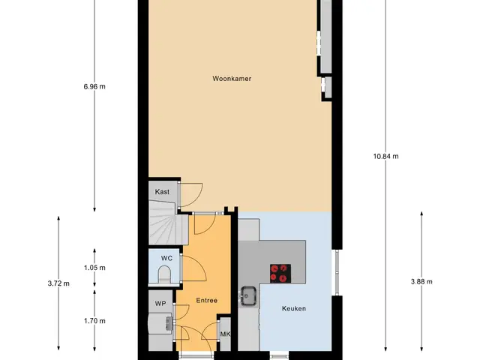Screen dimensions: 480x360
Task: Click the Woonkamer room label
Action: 232,79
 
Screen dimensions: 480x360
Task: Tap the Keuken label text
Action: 294,308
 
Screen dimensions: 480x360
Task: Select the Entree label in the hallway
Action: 207,301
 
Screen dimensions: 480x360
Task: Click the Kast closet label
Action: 162,192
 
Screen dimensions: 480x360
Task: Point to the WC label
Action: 166,258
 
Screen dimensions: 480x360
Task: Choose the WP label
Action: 160,304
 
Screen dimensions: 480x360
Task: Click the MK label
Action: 225,334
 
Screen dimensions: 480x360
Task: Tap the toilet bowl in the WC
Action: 164,274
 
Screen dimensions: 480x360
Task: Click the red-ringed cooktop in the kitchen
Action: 280,273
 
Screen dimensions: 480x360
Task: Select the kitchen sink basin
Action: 248,295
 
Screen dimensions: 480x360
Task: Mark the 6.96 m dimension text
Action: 94,87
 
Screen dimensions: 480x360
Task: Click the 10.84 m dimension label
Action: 385,157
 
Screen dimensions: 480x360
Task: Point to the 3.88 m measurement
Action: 421,282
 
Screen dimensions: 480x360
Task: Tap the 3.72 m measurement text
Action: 58,283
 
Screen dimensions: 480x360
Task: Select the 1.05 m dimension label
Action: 94,268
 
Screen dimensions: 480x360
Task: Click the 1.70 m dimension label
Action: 94,321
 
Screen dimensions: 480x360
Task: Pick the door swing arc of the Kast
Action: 199,198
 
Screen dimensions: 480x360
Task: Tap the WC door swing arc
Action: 202,265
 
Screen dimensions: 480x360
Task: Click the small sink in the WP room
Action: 169,323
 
